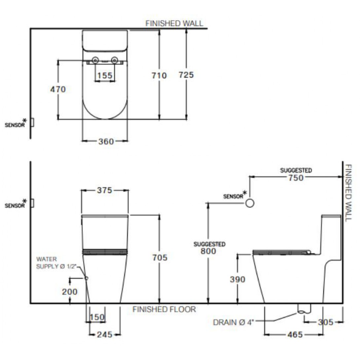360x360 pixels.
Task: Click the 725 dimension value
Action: [186, 75]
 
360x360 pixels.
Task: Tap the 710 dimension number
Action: [159, 76]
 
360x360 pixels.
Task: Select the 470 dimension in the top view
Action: [58, 89]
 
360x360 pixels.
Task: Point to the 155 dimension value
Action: [105, 76]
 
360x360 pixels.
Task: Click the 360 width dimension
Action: [106, 141]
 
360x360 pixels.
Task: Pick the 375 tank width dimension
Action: [105, 190]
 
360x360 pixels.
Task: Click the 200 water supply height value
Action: [70, 292]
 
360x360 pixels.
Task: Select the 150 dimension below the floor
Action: [97, 318]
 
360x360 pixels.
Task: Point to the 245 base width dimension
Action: [104, 335]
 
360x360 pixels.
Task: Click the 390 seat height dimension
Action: [237, 279]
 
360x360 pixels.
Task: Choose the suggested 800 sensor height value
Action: [208, 251]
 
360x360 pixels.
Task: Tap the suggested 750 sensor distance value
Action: [296, 178]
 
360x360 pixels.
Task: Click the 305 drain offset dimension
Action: [325, 322]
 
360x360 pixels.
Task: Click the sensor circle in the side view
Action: [250, 203]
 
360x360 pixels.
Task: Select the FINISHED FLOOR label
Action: [164, 309]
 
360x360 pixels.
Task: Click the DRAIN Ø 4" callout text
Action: [233, 322]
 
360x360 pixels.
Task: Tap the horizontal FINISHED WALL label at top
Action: [174, 23]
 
